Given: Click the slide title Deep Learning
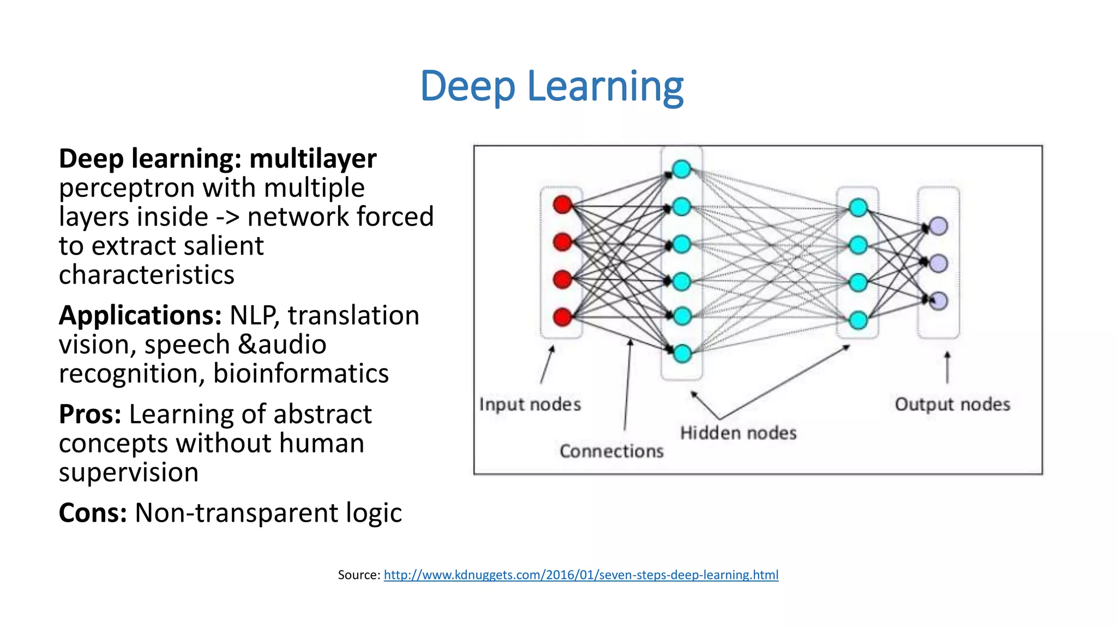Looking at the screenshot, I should point(551,86).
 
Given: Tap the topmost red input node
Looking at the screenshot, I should point(562,205).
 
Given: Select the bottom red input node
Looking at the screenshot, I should point(562,317).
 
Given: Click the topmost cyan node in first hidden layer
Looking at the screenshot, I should point(682,169).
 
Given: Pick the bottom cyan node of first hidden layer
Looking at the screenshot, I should point(682,354).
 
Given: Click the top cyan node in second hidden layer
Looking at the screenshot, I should point(858,208).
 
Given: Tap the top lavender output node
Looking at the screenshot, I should point(938,226).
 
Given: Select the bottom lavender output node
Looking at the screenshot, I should point(938,301).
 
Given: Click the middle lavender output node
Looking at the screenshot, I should point(938,263).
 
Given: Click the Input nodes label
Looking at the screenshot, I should point(530,404).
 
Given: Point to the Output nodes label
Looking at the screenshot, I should point(952,404).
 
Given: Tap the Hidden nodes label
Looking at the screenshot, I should point(738,433).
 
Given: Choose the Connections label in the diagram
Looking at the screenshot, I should point(611,451).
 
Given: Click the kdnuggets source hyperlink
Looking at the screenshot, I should point(581,575).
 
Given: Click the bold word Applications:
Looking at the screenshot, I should point(140,316).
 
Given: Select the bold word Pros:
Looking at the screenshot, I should point(90,414).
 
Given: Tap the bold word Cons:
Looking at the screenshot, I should point(93,513).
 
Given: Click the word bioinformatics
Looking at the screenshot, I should point(301,374).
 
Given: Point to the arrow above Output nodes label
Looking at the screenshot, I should point(947,367).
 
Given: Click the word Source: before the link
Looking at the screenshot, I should point(359,575).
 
